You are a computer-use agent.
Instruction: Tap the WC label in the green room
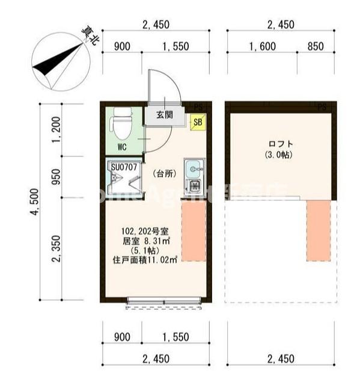pos(121,146)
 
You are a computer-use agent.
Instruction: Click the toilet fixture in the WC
pos(119,123)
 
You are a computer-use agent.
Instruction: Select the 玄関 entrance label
pos(165,115)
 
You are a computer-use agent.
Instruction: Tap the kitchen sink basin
pos(193,168)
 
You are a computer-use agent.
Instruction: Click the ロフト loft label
pos(281,144)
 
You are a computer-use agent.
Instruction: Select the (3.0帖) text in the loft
pos(281,155)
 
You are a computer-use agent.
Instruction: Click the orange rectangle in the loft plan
pos(318,230)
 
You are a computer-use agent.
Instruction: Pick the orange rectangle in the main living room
pos(194,230)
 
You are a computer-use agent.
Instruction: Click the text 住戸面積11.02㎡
pos(145,260)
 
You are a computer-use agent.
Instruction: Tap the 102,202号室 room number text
pos(145,230)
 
